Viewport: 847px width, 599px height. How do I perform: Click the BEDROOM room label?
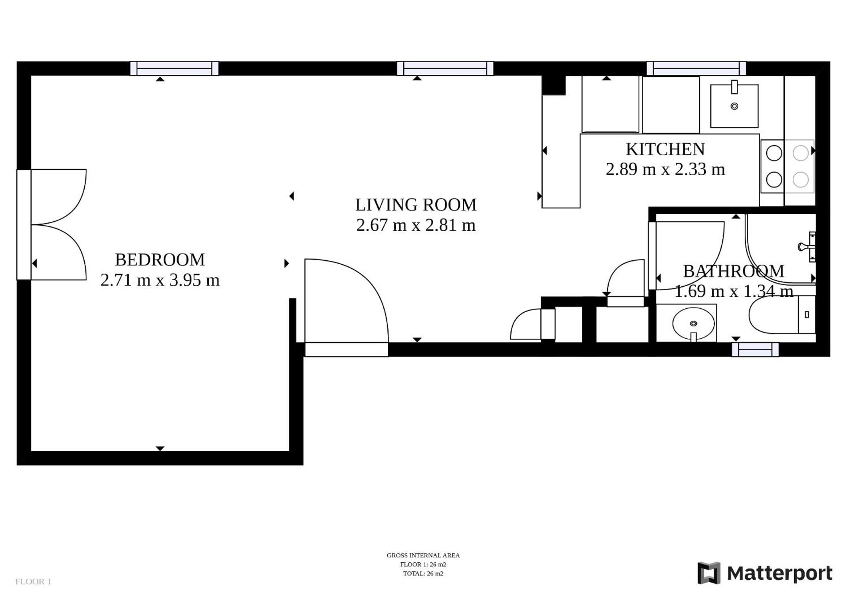point(160,260)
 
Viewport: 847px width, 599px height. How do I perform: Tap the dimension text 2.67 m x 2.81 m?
point(416,225)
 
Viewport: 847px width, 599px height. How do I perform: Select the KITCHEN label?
point(665,149)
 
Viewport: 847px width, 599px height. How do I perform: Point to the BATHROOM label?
point(733,271)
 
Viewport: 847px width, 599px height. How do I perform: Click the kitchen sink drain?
point(734,106)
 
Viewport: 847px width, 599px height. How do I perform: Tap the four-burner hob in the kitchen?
point(787,166)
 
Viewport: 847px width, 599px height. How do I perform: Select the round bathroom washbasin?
point(693,323)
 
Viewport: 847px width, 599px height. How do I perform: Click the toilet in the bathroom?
point(781,315)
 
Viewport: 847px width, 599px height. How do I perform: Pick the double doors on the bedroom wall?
point(57,225)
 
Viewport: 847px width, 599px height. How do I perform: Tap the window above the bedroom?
point(174,69)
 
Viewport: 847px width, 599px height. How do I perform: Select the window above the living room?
point(445,69)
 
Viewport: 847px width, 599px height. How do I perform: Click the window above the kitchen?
point(696,69)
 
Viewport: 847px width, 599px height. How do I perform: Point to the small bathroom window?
point(755,350)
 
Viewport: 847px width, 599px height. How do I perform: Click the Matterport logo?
point(765,573)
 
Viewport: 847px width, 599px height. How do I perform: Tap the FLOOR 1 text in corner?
point(33,581)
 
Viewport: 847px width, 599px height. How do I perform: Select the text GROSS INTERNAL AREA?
point(423,555)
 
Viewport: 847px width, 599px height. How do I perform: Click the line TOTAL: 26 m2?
point(423,573)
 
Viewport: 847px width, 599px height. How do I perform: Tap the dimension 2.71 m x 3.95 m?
point(160,280)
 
